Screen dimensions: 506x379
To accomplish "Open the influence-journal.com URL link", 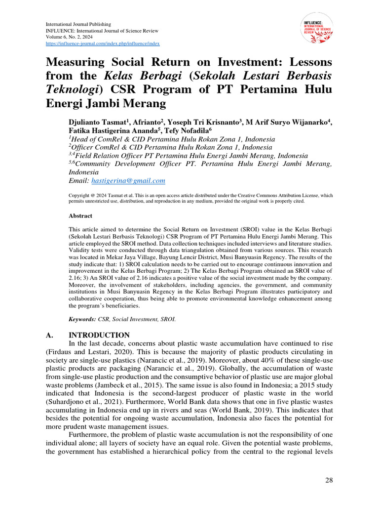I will pos(103,43).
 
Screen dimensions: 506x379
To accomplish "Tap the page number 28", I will pos(329,481).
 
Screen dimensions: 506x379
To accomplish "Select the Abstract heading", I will pos(80,216).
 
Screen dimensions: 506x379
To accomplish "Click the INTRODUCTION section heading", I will pos(99,335).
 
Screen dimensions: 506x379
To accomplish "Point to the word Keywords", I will pos(82,319).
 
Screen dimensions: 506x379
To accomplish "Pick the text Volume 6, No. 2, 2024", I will pos(71,37).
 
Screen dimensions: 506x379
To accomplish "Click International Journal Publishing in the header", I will pos(78,24).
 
